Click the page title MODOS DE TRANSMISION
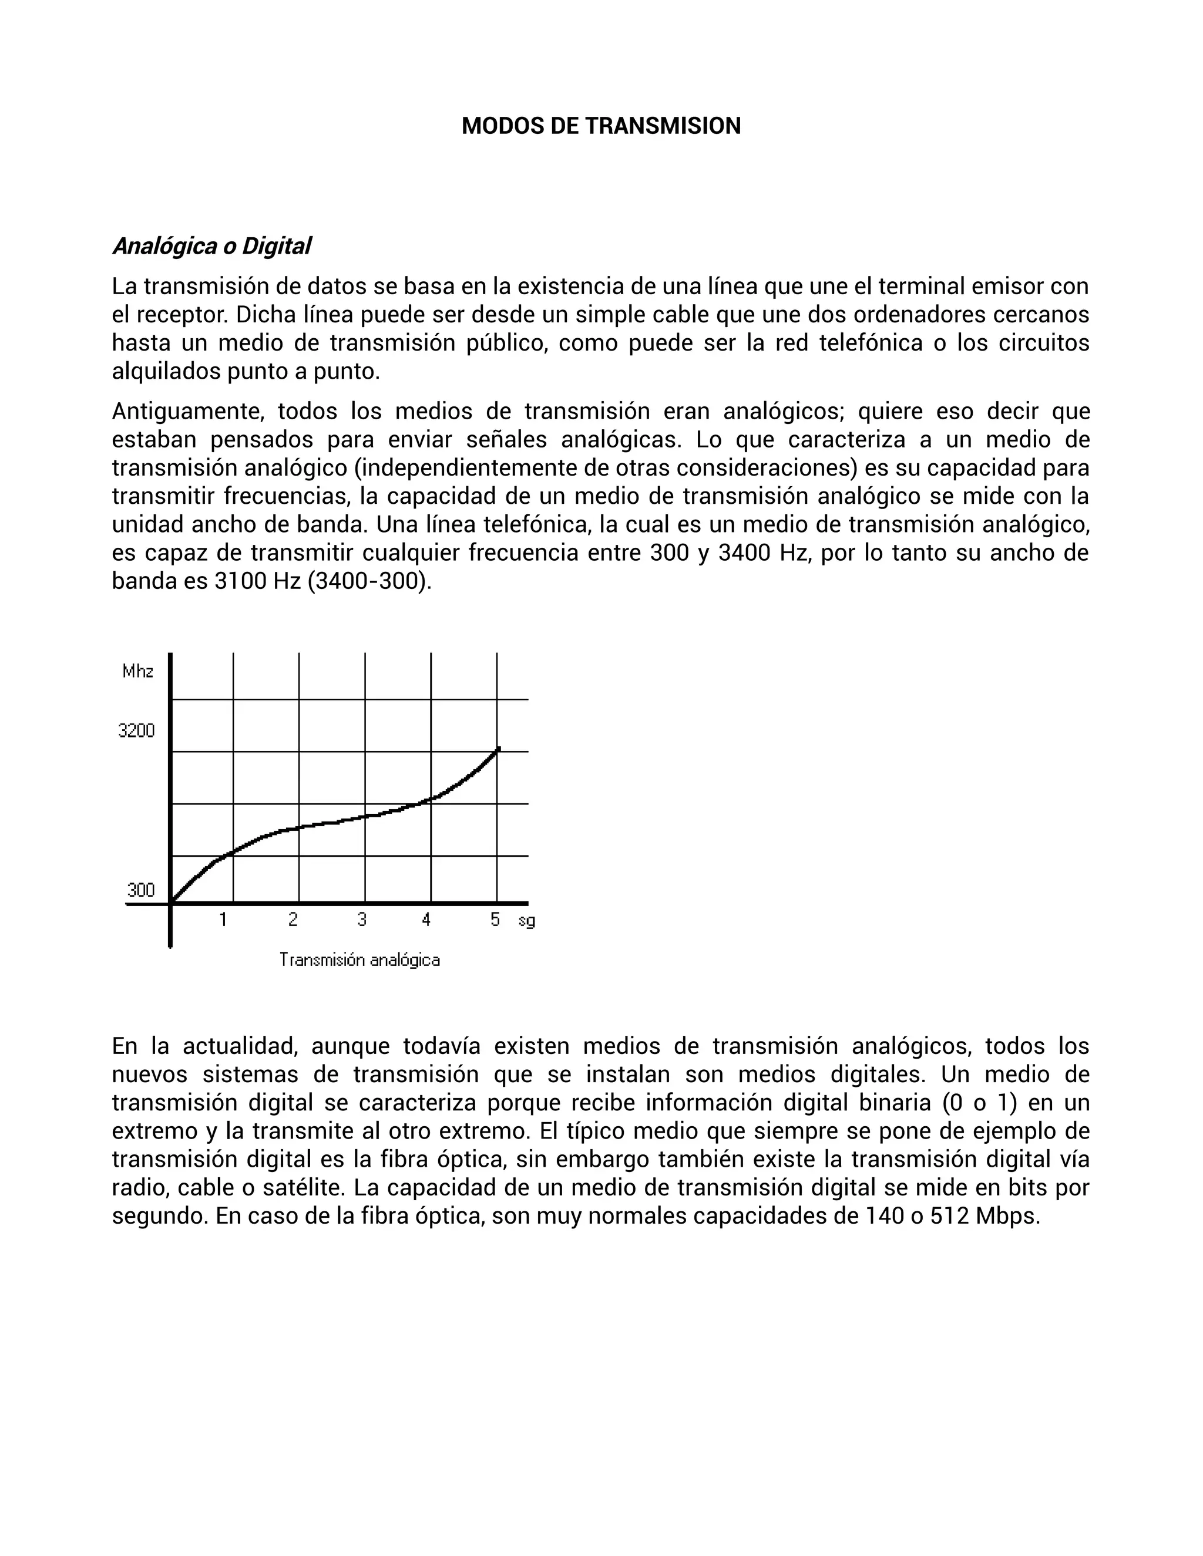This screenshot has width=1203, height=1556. pos(601,126)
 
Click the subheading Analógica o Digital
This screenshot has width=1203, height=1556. pos(211,247)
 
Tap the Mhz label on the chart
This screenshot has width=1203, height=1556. pos(137,671)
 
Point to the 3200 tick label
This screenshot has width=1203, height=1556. pos(136,730)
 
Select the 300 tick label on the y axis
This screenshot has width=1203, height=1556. pos(140,890)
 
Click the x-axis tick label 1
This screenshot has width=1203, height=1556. pos(223,920)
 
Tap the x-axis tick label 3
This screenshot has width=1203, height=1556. pos(362,920)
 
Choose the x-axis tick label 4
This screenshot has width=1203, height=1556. pos(426,920)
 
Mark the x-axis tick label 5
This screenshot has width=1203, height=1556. pos(495,920)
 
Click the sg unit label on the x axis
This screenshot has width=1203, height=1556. pos(527,921)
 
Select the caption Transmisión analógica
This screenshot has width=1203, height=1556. pos(359,961)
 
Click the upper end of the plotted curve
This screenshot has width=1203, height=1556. pos(498,749)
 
